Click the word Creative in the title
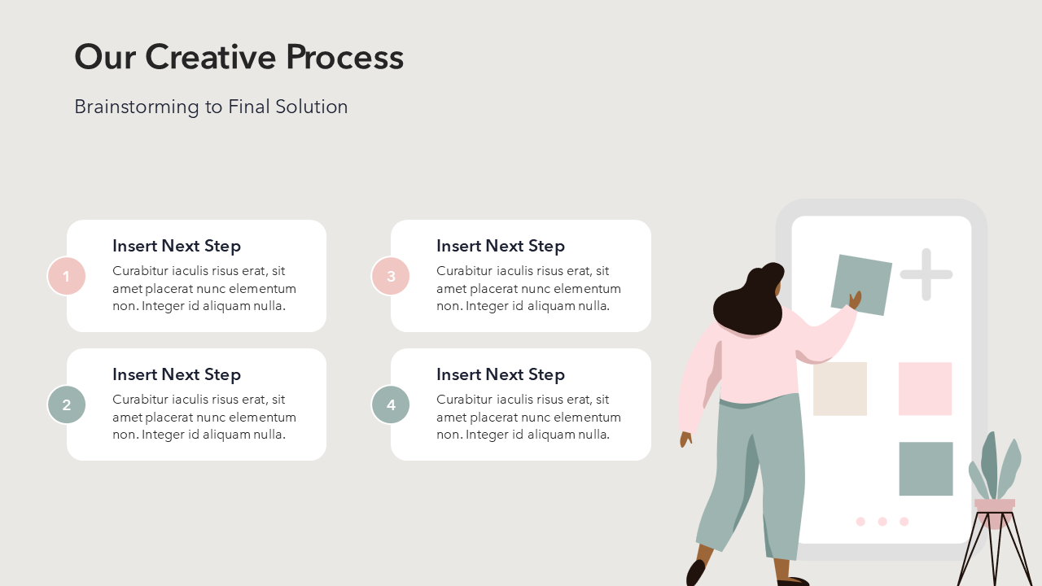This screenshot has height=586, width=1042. [x=211, y=57]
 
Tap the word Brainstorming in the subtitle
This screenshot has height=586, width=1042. [x=137, y=107]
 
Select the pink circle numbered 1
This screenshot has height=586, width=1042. [x=67, y=276]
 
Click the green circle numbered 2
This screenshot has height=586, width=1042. [x=67, y=405]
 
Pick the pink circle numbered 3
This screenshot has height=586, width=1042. [x=391, y=276]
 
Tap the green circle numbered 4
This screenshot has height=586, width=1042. [x=391, y=405]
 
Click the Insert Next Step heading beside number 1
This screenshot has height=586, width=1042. [x=177, y=246]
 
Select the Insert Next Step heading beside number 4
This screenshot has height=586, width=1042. [x=501, y=375]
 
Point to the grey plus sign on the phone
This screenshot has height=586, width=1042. [x=926, y=274]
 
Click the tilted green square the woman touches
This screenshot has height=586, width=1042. [x=860, y=284]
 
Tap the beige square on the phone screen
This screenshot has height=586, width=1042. [x=840, y=389]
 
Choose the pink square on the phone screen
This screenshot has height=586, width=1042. [x=926, y=389]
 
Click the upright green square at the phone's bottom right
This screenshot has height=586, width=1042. [x=926, y=469]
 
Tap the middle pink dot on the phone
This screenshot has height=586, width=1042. [x=882, y=522]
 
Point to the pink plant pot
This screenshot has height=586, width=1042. [x=995, y=512]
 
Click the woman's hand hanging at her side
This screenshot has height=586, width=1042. [x=685, y=439]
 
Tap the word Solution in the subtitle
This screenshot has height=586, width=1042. [x=312, y=107]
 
